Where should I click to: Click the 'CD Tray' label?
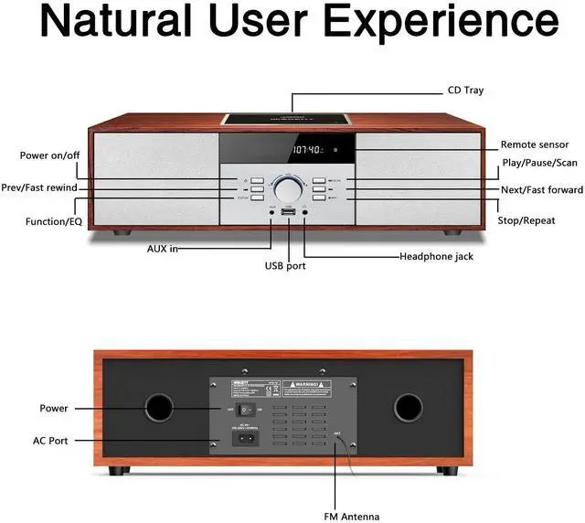click(465, 91)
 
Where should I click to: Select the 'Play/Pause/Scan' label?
click(539, 163)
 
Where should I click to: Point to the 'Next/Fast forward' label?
click(542, 190)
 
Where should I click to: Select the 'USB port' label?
click(285, 266)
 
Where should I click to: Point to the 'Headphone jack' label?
click(436, 257)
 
